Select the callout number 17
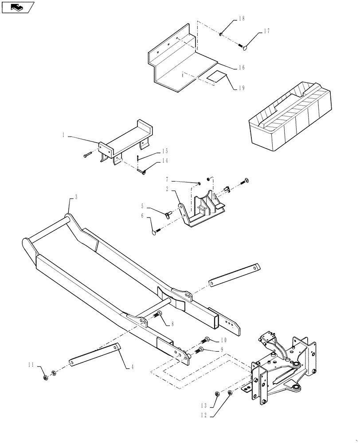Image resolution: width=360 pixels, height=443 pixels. pos(266,31)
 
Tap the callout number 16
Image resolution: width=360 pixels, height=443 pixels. pos(242,68)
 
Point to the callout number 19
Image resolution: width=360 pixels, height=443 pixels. pos(242,88)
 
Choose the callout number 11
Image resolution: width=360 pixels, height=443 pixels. pos(31,365)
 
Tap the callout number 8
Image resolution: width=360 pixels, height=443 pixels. pos(172,324)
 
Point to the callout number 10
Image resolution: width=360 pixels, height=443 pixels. pos(223,340)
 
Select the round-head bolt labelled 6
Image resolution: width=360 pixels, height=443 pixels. pos(155,231)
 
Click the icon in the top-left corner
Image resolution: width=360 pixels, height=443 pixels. pos(17,7)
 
